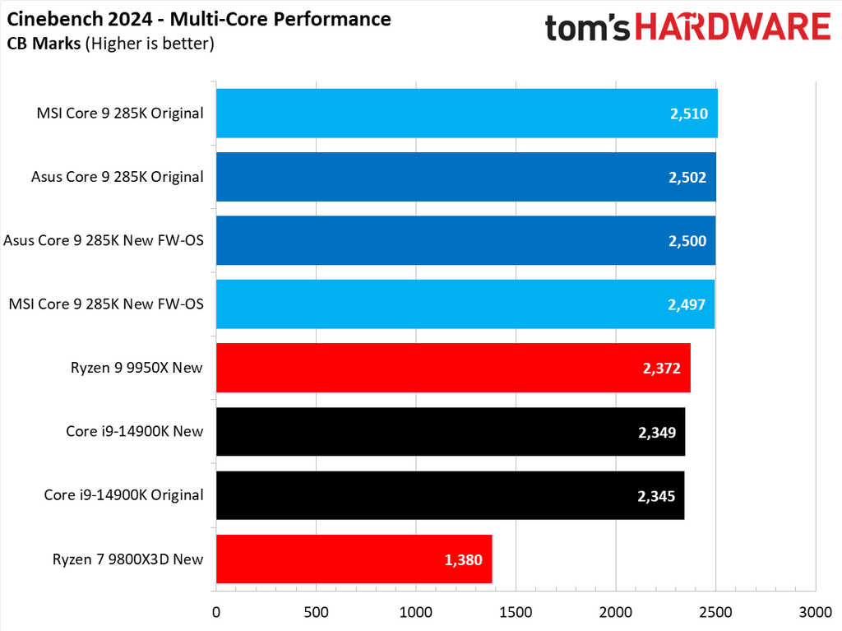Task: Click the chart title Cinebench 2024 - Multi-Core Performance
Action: [199, 19]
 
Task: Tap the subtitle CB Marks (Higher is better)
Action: [111, 44]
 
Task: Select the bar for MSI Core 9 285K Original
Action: [466, 114]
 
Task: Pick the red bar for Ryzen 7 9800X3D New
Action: [354, 559]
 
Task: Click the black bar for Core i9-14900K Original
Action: [450, 495]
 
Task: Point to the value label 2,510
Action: [688, 114]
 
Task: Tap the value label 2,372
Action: [661, 368]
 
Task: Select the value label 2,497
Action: [687, 304]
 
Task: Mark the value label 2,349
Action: [656, 432]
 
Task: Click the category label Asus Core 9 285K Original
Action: [117, 177]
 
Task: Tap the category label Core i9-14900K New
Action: [135, 431]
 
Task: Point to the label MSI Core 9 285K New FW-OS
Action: [106, 304]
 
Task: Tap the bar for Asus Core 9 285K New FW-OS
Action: [465, 240]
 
